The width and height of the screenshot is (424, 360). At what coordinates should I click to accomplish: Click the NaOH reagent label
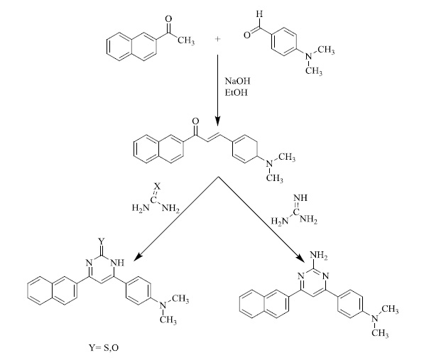237,81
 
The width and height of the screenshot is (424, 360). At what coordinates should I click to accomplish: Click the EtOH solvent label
237,93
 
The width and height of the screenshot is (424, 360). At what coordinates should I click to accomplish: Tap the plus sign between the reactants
217,39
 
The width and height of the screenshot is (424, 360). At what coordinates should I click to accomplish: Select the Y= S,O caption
104,347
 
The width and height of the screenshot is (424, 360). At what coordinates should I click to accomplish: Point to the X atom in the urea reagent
158,186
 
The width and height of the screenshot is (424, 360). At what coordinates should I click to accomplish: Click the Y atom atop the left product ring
102,241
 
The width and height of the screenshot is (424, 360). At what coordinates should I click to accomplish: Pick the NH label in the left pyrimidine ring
117,263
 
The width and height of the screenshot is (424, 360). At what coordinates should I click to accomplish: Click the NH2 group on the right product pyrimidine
319,255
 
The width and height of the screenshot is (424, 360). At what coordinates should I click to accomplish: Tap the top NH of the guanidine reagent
300,197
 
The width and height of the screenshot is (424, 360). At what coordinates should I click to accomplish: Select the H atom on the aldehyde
260,13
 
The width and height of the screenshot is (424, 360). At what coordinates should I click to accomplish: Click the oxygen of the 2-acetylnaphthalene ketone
169,19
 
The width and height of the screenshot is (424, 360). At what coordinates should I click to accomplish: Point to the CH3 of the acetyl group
186,40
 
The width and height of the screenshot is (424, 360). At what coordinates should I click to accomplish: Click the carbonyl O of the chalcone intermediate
195,121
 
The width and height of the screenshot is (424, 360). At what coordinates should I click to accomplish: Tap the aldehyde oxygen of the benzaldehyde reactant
247,35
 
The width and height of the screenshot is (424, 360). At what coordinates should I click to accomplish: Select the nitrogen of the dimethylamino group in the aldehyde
308,57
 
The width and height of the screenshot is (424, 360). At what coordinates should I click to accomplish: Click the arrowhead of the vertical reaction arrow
217,121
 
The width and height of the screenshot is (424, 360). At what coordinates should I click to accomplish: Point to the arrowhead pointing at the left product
137,257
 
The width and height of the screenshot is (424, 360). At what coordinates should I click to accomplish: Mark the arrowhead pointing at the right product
299,257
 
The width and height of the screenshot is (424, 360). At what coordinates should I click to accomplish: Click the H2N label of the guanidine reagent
280,221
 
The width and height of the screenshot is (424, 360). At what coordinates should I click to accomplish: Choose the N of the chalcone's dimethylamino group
269,163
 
